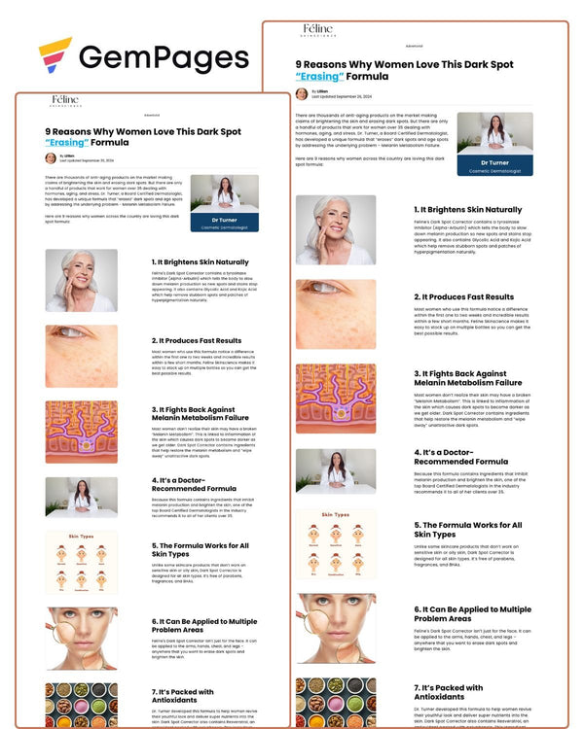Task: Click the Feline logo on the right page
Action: (317, 31)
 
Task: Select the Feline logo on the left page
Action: (66, 100)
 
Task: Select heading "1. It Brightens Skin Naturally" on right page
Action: (467, 209)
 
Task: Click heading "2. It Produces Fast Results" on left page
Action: (196, 340)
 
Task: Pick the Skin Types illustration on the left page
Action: (81, 562)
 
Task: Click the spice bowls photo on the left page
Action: (81, 702)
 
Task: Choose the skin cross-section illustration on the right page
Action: (336, 399)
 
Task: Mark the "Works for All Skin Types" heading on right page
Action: (468, 530)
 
